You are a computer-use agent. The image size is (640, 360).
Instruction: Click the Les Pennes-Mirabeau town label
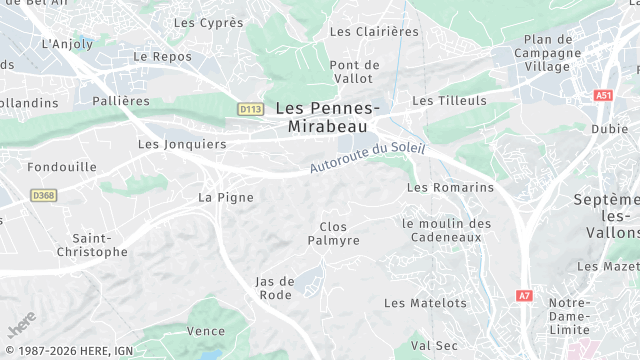[x=327, y=118]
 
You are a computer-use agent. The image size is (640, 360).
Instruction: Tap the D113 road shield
[x=250, y=109]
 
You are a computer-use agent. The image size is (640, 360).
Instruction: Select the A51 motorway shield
[x=602, y=95]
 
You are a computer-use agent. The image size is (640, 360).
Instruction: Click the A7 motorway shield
[x=525, y=296]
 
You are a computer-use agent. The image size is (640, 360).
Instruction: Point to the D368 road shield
[x=42, y=195]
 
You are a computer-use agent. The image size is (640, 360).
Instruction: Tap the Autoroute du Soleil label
[x=367, y=158]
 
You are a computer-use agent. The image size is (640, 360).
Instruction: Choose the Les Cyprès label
[x=208, y=22]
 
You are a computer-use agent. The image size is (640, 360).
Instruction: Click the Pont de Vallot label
[x=354, y=72]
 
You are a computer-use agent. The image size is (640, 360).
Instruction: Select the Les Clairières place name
[x=374, y=31]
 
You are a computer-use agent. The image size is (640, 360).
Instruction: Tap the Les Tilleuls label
[x=449, y=101]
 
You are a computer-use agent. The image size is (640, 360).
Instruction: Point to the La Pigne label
[x=226, y=197]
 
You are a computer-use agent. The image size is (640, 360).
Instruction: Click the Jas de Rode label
[x=275, y=288]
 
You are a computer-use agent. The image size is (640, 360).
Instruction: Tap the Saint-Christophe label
[x=99, y=245]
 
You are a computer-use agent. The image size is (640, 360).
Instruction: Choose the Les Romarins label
[x=450, y=187]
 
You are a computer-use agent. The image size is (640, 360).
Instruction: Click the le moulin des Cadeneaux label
[x=446, y=230]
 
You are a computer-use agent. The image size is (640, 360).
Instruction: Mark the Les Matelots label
[x=425, y=303]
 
